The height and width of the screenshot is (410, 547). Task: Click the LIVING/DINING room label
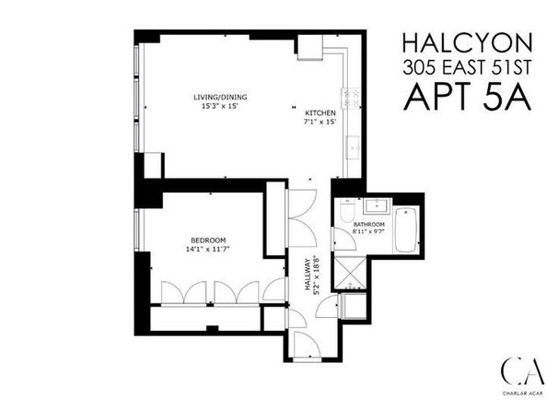tap(220, 97)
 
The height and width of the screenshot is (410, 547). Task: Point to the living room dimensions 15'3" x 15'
tap(220, 106)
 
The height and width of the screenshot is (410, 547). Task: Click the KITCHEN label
tap(320, 112)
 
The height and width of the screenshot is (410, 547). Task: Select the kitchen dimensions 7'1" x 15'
tap(320, 122)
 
